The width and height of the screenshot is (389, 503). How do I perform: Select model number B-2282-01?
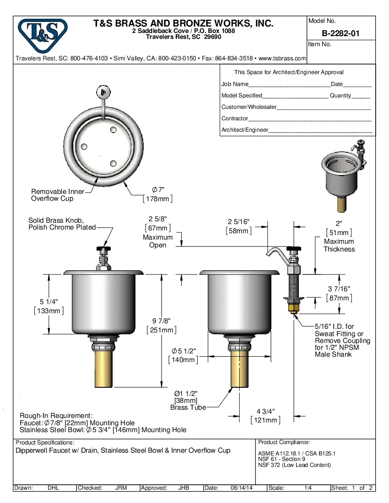[341, 33]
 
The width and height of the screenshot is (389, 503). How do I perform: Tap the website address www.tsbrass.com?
[282, 59]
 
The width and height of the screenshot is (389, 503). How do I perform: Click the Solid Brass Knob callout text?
[62, 224]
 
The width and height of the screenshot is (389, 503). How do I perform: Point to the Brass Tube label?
[188, 407]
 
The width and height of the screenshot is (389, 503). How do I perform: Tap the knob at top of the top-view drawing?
[104, 92]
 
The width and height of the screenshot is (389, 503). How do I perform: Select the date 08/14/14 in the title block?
[242, 488]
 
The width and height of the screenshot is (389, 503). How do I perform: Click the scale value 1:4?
[308, 488]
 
